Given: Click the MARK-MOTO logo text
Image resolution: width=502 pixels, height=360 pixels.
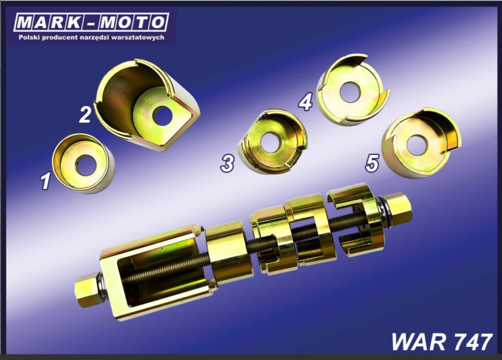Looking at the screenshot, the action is (x=91, y=23).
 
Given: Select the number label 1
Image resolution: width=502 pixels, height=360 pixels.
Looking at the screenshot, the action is (x=46, y=180).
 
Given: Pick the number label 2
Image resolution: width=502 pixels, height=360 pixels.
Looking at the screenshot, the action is (x=85, y=115).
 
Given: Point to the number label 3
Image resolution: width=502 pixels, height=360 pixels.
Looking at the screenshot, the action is (x=227, y=163).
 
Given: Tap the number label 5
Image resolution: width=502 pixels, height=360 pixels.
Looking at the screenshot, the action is (x=373, y=162).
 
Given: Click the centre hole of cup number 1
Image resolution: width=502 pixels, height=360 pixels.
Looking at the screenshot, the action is (x=86, y=165).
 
